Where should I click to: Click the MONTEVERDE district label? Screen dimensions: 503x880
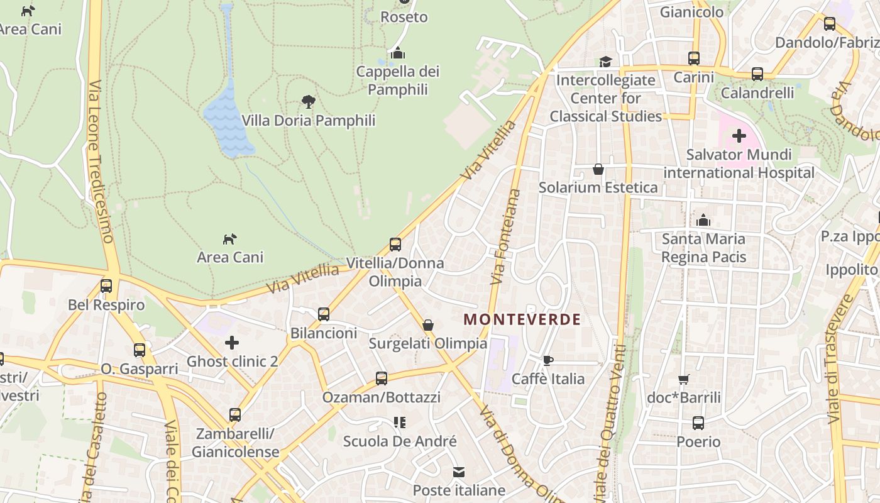click(522, 319)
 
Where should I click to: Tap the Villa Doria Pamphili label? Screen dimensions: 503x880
click(308, 120)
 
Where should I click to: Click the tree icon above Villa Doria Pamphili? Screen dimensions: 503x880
click(308, 101)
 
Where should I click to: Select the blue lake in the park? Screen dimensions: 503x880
click(228, 123)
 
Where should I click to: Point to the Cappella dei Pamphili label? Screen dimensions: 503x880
click(398, 80)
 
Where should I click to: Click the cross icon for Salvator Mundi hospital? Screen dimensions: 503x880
click(739, 135)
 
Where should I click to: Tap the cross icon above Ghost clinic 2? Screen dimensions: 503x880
click(232, 343)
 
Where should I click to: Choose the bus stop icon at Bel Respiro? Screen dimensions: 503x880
click(106, 286)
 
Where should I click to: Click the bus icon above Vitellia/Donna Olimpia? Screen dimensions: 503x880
click(395, 244)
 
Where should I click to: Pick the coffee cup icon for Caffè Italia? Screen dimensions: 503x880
click(547, 360)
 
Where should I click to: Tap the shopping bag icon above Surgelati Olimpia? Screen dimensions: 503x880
click(428, 325)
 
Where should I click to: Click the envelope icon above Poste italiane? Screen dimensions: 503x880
click(459, 472)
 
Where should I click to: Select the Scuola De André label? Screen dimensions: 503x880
click(400, 441)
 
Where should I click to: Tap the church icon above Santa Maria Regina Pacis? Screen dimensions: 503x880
click(703, 220)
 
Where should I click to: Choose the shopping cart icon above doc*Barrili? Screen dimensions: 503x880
click(684, 379)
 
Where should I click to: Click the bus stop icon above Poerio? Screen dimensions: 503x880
click(698, 423)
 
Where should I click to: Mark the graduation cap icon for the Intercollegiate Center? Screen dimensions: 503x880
click(605, 62)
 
